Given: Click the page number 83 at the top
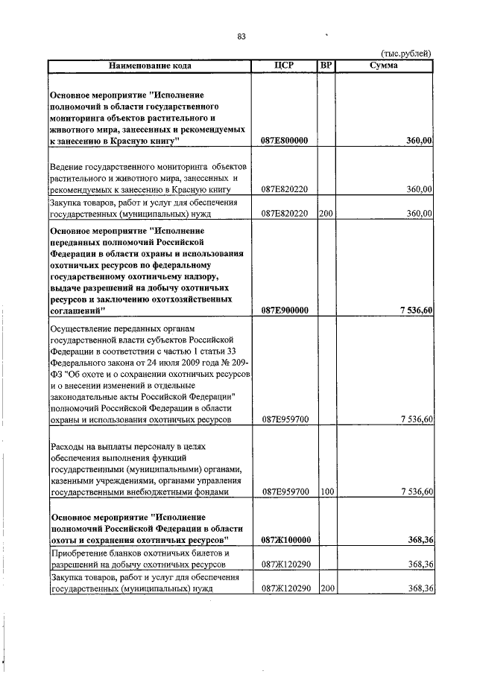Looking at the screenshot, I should pos(241,36).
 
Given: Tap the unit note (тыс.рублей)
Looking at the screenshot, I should pos(406,54).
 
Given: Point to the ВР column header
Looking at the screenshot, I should pos(325,66).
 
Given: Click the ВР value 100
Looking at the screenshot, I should pos(325,492).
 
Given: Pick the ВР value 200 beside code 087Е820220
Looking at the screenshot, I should pos(325,214).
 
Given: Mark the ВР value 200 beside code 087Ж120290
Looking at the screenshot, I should pos(325,589).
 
